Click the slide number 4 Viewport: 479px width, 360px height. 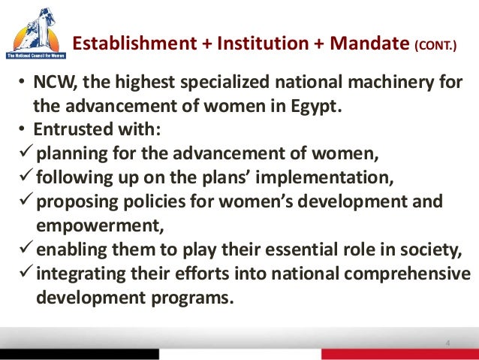pyautogui.click(x=448, y=344)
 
